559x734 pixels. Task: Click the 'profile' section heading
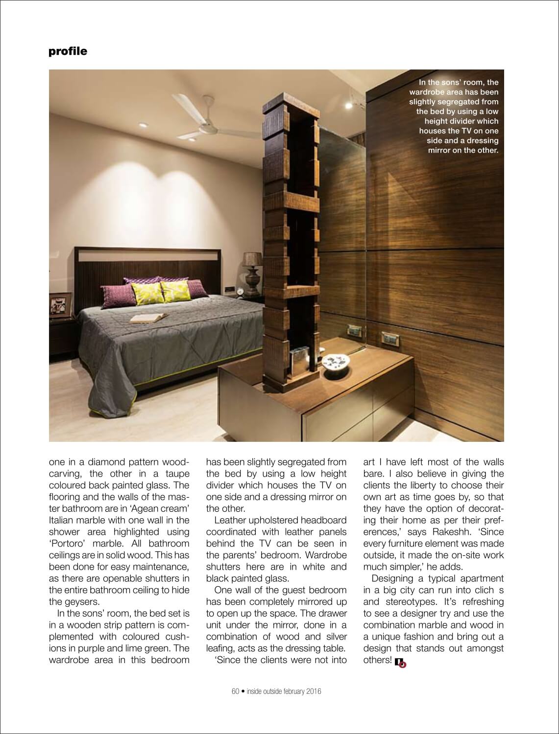(68, 51)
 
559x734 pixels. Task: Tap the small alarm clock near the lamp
(241, 292)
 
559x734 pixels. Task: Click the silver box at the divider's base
(300, 360)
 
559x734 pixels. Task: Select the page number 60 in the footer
(235, 691)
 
